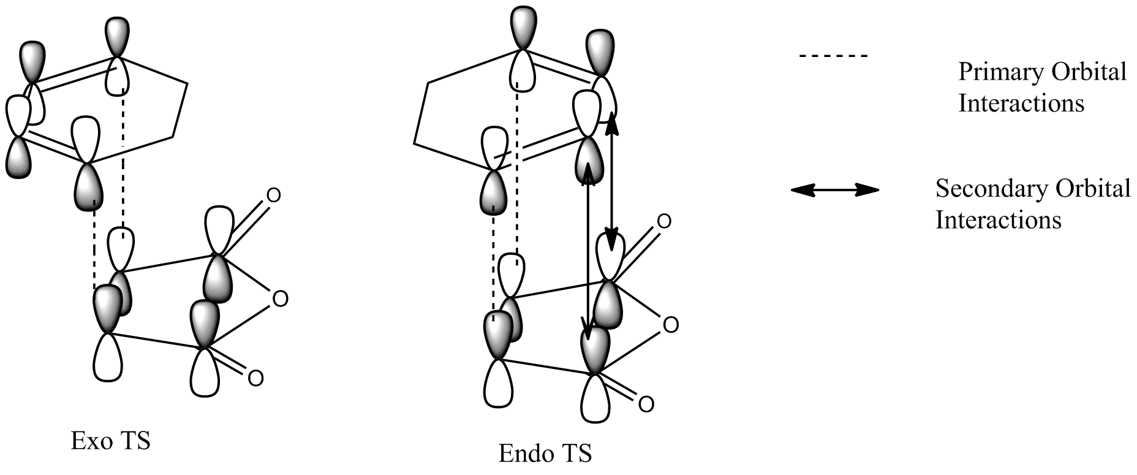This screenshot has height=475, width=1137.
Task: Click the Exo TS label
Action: click(x=110, y=441)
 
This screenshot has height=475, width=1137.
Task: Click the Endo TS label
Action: click(x=545, y=454)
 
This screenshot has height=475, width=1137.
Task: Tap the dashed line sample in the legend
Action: click(x=833, y=56)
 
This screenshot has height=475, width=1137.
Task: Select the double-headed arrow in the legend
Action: click(x=834, y=191)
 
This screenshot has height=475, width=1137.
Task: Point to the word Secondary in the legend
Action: click(x=982, y=189)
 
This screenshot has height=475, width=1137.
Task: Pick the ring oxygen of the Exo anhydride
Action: click(x=279, y=299)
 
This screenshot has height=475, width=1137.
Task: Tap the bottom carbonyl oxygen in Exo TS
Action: click(x=255, y=377)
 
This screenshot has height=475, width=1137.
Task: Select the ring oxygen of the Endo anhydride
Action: click(x=671, y=325)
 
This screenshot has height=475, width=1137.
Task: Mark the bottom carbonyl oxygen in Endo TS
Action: click(x=646, y=404)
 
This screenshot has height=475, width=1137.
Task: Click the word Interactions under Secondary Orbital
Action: click(x=998, y=219)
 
